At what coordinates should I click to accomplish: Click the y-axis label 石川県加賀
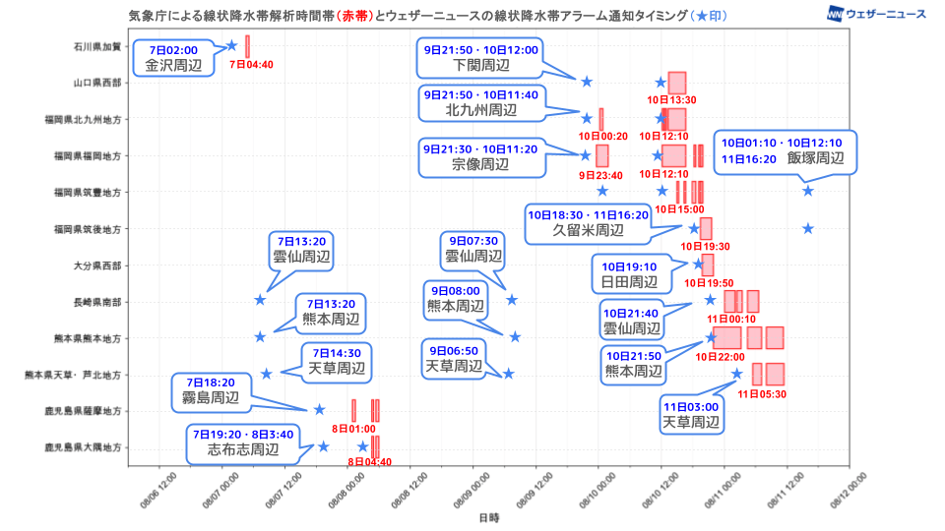point(97,46)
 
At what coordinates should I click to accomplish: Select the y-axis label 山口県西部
point(97,83)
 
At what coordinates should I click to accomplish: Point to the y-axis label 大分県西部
point(97,265)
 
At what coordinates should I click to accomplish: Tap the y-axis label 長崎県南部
point(97,302)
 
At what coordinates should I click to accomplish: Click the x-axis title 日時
point(488,517)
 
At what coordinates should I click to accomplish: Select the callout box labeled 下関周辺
point(481,58)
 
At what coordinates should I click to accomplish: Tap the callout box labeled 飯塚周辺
point(785,150)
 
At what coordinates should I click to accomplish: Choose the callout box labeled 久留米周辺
point(588,222)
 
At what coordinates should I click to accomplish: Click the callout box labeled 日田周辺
point(629,274)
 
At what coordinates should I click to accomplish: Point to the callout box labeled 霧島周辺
point(210,390)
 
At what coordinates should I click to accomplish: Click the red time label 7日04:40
point(250,65)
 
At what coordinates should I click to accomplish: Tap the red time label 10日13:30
point(671,100)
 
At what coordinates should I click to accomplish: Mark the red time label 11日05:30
point(767,393)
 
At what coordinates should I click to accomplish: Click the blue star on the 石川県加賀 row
point(231,45)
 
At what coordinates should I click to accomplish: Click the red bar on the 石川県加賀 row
point(247,46)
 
